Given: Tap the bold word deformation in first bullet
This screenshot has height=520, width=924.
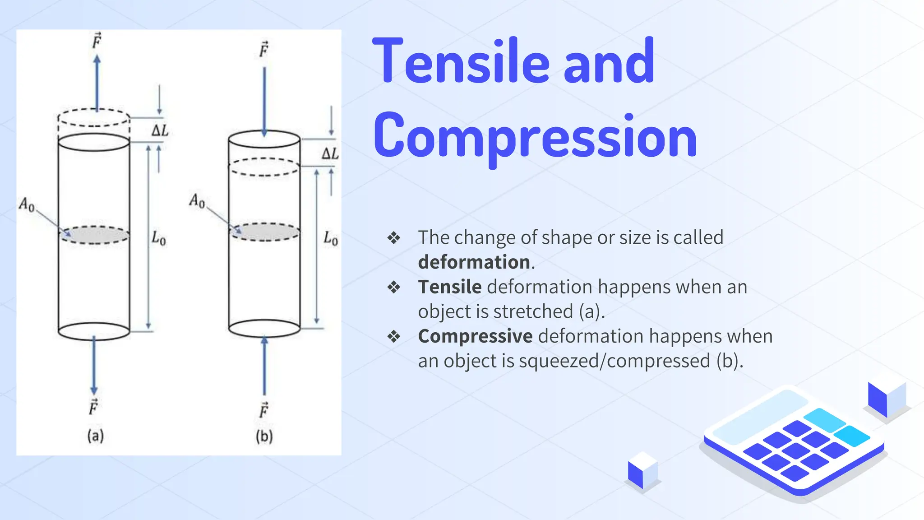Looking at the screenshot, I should click(x=474, y=262).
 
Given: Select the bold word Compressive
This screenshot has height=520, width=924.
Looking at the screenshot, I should click(x=475, y=336).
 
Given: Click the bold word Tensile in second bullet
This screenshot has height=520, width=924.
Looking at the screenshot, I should click(x=450, y=287).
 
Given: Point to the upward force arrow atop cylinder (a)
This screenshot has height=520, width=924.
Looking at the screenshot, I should click(x=97, y=84).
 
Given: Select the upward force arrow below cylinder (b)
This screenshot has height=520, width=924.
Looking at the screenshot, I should click(x=264, y=366).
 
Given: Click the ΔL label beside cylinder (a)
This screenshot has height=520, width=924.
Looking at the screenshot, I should click(x=160, y=131).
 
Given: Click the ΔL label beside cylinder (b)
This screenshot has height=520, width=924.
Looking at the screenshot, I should click(x=330, y=153).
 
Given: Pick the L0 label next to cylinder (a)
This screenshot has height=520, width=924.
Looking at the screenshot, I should click(x=158, y=238).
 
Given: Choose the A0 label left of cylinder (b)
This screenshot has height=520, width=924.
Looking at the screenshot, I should click(x=197, y=200).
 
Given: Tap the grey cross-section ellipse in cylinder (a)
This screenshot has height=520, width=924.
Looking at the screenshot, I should click(x=94, y=235).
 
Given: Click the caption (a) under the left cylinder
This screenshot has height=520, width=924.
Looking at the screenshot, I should click(x=95, y=436).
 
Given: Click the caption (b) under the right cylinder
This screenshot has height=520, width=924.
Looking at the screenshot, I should click(x=264, y=436).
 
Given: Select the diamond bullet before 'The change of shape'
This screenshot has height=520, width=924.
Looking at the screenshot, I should click(x=394, y=238).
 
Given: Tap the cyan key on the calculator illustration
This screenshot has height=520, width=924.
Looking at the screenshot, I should click(x=851, y=436).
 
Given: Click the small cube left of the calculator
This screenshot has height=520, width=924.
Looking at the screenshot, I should click(x=642, y=470).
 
